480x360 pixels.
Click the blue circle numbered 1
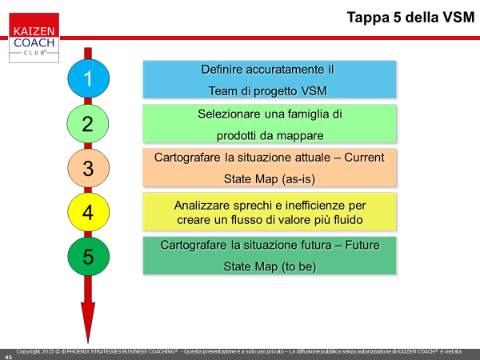(88, 78)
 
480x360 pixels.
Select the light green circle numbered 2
(87, 123)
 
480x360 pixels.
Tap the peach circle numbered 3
(88, 168)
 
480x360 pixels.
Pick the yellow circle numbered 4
(88, 212)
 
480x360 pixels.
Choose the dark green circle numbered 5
(88, 256)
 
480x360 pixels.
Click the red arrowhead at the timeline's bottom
(88, 322)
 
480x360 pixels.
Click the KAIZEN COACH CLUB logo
(34, 38)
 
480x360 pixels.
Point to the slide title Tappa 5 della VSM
(410, 17)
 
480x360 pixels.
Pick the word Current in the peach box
(364, 158)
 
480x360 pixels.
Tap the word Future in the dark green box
(362, 245)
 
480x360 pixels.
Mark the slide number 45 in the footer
(8, 358)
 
